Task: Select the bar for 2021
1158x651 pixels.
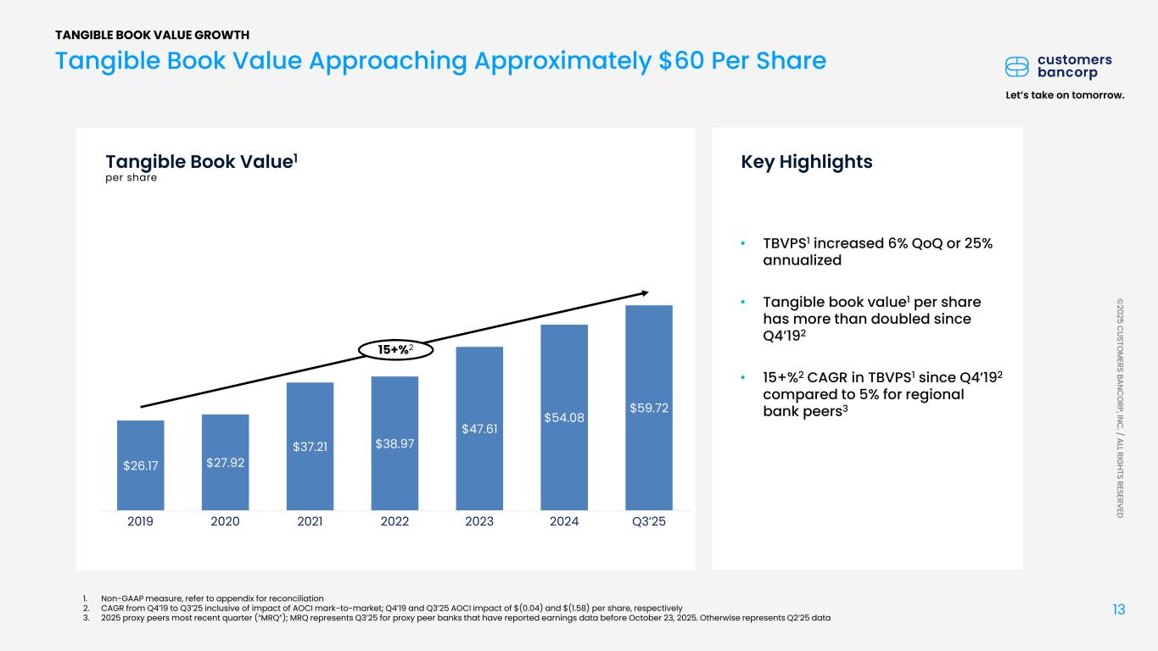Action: pos(310,446)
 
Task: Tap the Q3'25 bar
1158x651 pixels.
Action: pos(649,407)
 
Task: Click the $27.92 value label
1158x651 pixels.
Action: pos(225,462)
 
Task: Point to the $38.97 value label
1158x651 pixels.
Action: pos(394,443)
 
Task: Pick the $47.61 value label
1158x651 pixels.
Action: pos(479,428)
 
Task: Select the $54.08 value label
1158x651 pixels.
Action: pos(564,417)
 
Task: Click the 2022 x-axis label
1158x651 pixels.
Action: pos(394,521)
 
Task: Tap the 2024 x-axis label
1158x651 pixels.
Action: pos(564,521)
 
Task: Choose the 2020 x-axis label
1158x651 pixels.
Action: pos(225,521)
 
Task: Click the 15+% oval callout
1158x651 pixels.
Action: pos(394,348)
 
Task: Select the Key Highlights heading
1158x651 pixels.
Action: pos(807,162)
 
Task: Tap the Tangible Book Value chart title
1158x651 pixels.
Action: pos(201,162)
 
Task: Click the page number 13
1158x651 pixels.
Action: pos(1119,609)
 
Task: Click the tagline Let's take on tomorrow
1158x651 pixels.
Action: pos(1064,95)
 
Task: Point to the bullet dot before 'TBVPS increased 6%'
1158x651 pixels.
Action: pos(742,244)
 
